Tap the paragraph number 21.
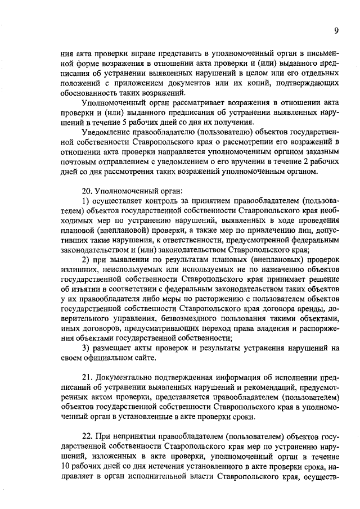(x=87, y=376)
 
